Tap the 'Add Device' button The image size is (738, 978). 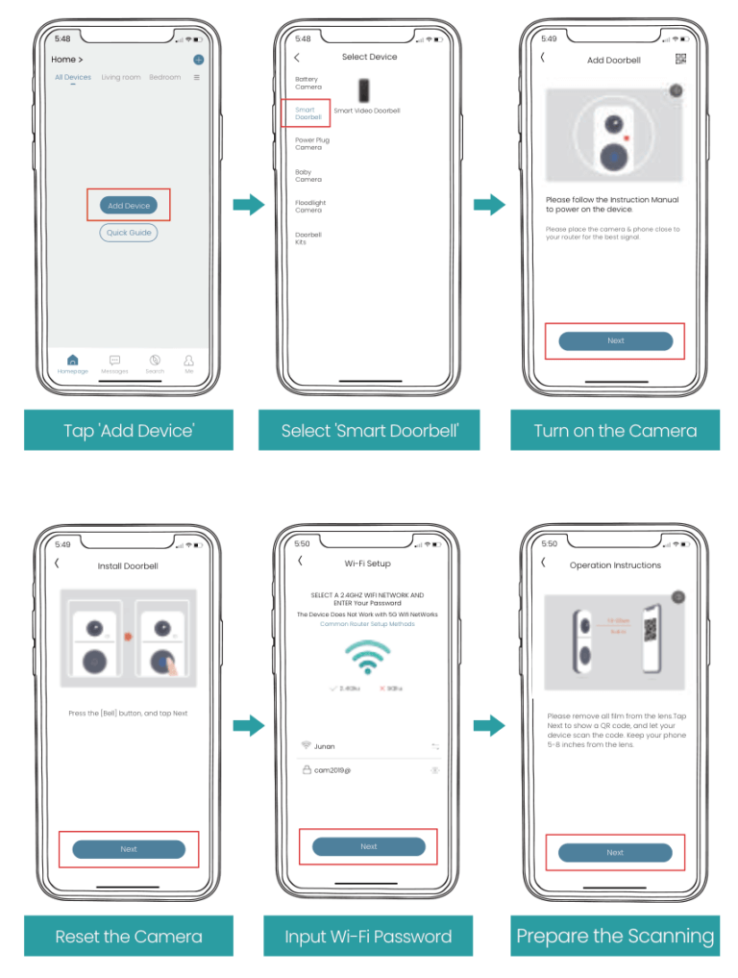point(128,205)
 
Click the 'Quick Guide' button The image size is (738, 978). point(128,233)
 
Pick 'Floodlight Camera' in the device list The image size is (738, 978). point(309,207)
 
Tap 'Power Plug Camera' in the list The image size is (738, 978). point(311,144)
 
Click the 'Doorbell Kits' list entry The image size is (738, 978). point(307,238)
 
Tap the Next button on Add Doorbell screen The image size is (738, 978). point(615,340)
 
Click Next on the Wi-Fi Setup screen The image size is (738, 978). point(368,846)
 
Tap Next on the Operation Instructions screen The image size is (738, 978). point(615,852)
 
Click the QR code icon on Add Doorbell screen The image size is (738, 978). point(680,60)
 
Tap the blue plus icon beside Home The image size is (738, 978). point(198,60)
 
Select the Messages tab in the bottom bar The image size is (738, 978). point(114,363)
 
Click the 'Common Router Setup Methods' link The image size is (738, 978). point(368,624)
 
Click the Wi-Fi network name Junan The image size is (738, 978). point(325,745)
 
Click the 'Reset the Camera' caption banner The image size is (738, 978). point(129,936)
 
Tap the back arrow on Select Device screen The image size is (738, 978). point(296,58)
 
